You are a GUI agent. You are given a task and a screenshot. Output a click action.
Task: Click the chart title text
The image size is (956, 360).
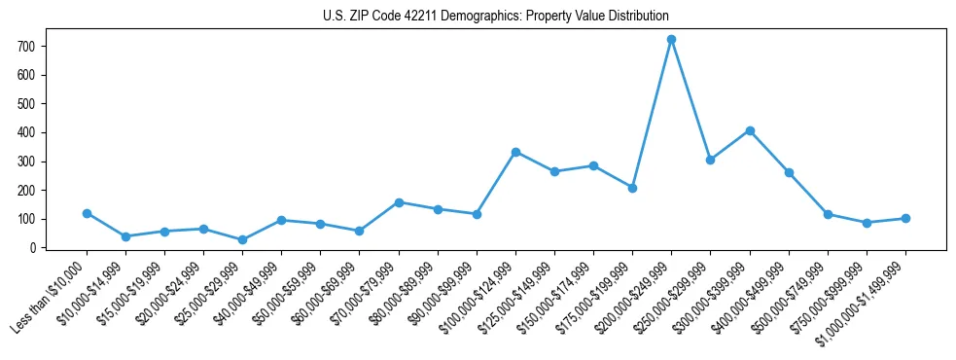coord(495,17)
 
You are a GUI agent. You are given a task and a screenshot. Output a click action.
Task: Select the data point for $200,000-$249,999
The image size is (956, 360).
coord(671,40)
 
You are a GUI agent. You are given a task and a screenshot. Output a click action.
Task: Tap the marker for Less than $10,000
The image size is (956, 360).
coord(87,213)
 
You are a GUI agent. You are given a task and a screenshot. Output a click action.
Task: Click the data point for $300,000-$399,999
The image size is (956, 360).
coord(750,130)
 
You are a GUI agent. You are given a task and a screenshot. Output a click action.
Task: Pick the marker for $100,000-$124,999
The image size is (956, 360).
coord(515,152)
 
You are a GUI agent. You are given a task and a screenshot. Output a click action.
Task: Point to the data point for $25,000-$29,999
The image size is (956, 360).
coord(242,239)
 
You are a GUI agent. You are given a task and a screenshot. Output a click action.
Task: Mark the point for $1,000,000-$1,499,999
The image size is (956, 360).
coord(905,218)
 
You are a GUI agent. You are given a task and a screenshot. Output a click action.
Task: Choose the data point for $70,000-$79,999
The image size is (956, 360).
coord(399,202)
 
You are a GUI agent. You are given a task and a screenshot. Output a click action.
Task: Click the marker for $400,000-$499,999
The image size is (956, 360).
coord(789,172)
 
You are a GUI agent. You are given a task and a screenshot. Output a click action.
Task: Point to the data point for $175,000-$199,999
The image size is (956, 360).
coord(632,188)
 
